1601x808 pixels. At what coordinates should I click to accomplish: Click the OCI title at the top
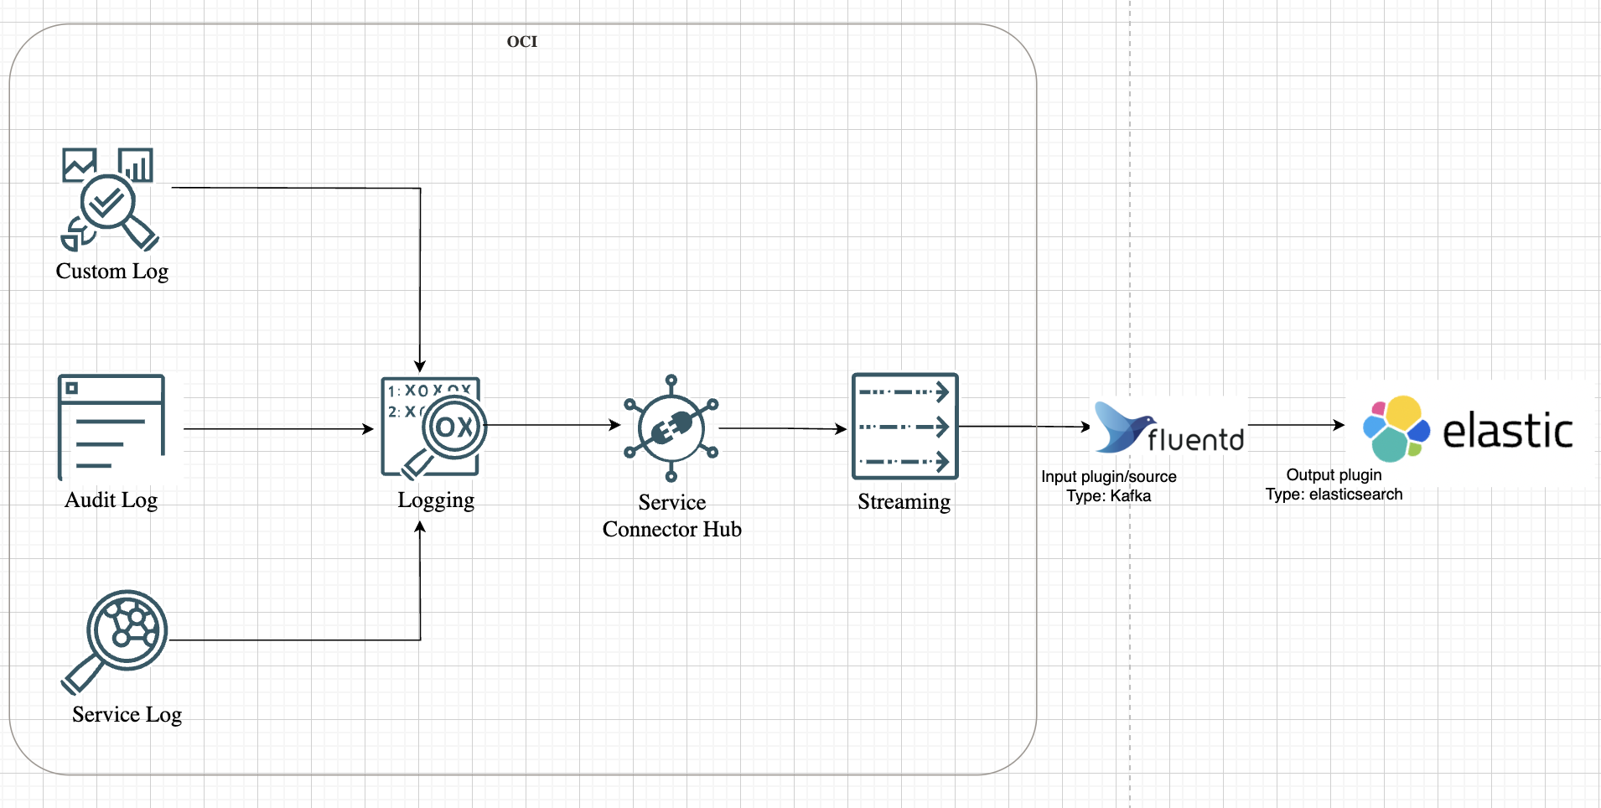[521, 42]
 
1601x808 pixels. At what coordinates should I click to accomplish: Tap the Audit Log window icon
[111, 427]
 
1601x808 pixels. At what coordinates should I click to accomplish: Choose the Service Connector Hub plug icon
[671, 428]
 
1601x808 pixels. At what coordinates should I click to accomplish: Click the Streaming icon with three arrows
[904, 427]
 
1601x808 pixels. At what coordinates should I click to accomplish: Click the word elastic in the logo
[1507, 431]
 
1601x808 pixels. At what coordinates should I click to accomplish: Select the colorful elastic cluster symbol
[1396, 428]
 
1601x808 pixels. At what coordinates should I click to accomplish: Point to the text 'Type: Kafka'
[1108, 496]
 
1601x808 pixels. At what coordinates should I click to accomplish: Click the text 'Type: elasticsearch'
[1334, 495]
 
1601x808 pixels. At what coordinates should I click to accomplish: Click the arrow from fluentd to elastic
[1296, 425]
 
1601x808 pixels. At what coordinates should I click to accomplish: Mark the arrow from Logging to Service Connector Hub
[553, 425]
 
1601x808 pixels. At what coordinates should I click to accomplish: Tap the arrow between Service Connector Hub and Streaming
[783, 428]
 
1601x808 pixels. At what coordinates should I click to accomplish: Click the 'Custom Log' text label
[112, 272]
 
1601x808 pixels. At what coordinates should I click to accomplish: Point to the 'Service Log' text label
[127, 714]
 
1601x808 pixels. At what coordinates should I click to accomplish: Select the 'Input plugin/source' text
[1108, 477]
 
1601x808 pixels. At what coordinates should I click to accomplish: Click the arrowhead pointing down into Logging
[420, 366]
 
